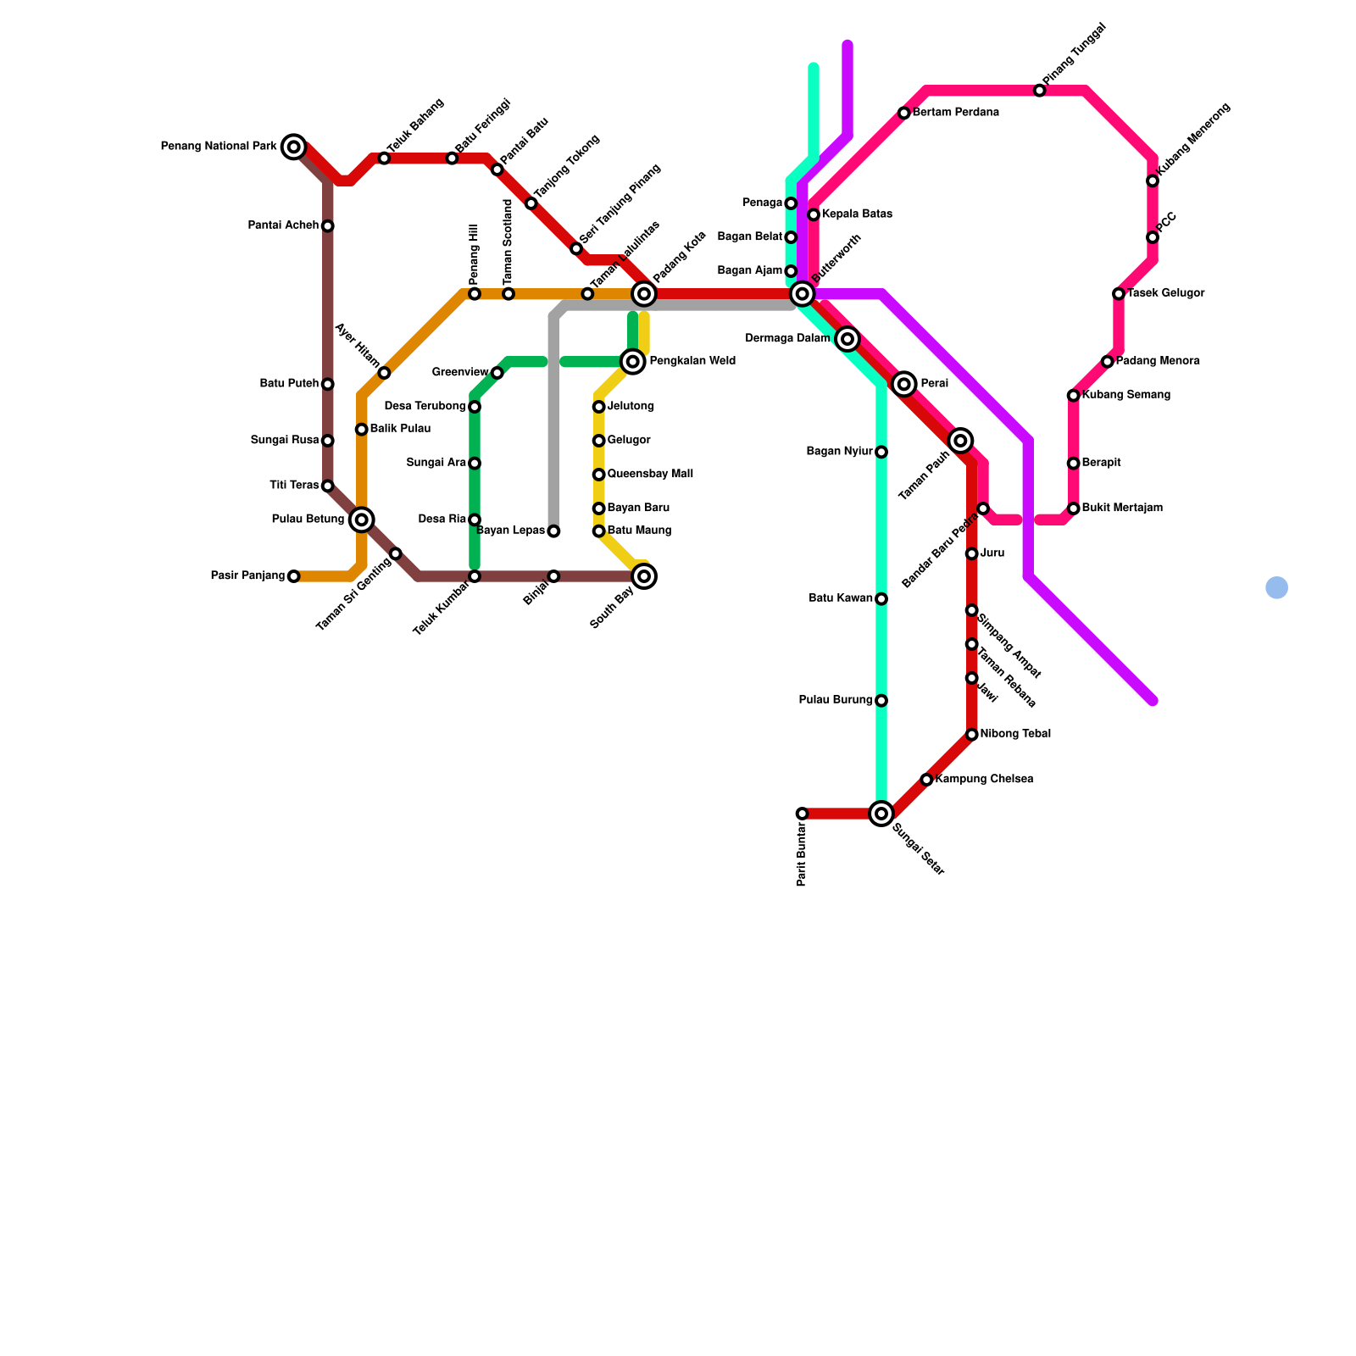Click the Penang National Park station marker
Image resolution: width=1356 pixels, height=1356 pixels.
pyautogui.click(x=294, y=147)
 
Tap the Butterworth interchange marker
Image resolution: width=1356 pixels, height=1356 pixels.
pyautogui.click(x=802, y=294)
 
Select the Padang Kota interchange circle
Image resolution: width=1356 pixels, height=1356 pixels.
pyautogui.click(x=644, y=294)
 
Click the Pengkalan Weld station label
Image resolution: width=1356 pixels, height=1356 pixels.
pyautogui.click(x=692, y=361)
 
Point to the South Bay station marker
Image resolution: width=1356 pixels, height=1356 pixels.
pyautogui.click(x=644, y=576)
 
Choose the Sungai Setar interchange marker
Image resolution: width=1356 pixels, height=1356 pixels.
pyautogui.click(x=881, y=814)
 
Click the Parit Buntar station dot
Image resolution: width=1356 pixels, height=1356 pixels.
pyautogui.click(x=802, y=814)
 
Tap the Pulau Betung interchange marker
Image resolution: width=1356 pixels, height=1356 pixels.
pyautogui.click(x=362, y=520)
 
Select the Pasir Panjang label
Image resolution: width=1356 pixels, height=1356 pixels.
pyautogui.click(x=247, y=576)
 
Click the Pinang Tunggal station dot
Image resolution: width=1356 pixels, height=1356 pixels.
pyautogui.click(x=1040, y=91)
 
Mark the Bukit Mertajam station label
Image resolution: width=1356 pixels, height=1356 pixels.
pyautogui.click(x=1122, y=508)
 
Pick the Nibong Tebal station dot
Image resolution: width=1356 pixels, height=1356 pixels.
pyautogui.click(x=972, y=734)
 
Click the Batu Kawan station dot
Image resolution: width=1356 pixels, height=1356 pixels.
pyautogui.click(x=881, y=599)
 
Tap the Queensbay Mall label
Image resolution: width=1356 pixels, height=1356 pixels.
pyautogui.click(x=650, y=475)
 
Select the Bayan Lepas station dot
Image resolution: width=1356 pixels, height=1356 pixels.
pyautogui.click(x=553, y=531)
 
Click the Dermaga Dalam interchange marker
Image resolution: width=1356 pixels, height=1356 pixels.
pyautogui.click(x=847, y=339)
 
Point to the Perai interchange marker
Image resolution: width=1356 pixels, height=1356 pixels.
pyautogui.click(x=904, y=384)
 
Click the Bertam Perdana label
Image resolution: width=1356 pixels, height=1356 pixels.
pyautogui.click(x=955, y=113)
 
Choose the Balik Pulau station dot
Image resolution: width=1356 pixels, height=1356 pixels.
pyautogui.click(x=362, y=430)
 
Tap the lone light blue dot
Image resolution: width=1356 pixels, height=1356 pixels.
pyautogui.click(x=1276, y=587)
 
